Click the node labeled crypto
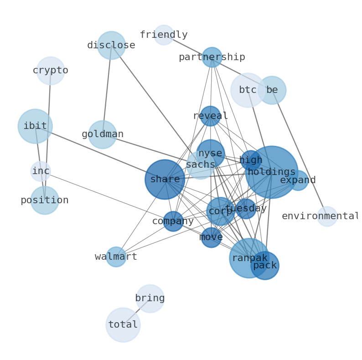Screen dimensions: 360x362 pos(51,71)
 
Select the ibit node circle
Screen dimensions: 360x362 pos(35,126)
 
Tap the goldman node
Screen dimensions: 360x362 pos(103,134)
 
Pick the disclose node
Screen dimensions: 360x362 pos(111,46)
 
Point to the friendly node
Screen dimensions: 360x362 pos(164,35)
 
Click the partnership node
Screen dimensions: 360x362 pos(212,57)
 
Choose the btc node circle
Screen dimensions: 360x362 pos(248,90)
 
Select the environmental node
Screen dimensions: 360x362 pos(327,216)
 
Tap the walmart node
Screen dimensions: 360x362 pos(116,257)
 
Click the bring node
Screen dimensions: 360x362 pos(150,298)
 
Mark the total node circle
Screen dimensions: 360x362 pos(123,325)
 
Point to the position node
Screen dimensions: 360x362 pos(45,201)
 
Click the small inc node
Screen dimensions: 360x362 pos(41,171)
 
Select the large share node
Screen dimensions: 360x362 pos(165,180)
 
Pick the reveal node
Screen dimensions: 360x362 pos(211,116)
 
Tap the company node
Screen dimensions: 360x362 pos(173,221)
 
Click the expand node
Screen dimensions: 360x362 pos(298,180)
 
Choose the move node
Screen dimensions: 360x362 pos(212,237)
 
